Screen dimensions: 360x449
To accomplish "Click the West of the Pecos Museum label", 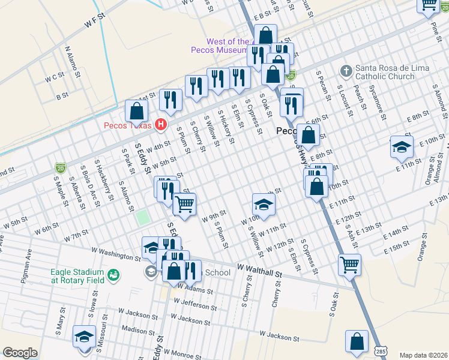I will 220,46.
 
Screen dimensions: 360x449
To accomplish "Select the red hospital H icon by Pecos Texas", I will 160,125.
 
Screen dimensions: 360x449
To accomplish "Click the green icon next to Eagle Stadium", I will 113,276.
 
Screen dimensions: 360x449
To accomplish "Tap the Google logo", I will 20,353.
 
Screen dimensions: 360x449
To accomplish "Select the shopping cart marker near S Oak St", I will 349,264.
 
